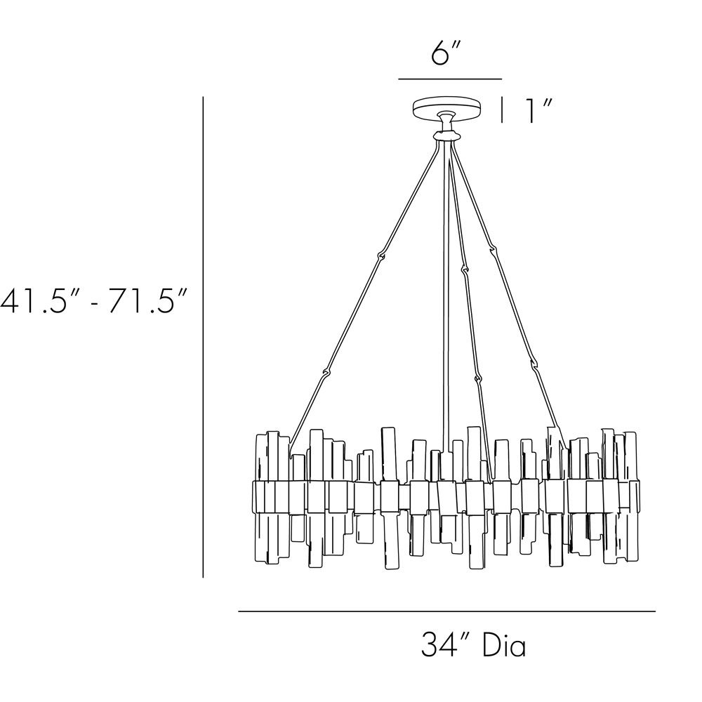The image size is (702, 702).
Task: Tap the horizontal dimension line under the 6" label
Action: [450, 79]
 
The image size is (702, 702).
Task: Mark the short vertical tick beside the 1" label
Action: [503, 110]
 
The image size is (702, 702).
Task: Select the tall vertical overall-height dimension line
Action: [204, 337]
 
